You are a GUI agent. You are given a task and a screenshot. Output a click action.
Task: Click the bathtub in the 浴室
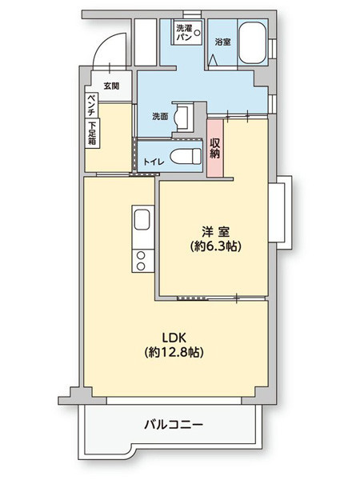[x=252, y=42]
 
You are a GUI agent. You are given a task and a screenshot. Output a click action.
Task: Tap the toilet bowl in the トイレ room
[x=186, y=156]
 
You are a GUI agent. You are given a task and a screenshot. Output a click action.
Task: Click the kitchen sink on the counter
[x=142, y=219]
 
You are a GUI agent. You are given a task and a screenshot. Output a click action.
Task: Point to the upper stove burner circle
[x=141, y=255]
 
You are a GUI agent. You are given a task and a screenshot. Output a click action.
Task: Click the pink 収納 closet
[x=215, y=148]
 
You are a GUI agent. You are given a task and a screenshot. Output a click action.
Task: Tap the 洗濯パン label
[x=184, y=33]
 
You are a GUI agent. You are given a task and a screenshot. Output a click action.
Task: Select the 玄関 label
[x=111, y=86]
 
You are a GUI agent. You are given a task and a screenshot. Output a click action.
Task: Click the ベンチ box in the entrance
[x=91, y=105]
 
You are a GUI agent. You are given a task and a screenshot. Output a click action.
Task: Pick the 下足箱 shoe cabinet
[x=92, y=133]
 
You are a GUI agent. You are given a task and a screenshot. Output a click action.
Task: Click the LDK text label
[x=174, y=338]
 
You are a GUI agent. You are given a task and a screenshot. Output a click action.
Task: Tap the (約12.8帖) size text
[x=174, y=352]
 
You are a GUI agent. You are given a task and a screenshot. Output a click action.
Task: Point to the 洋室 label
[x=215, y=231]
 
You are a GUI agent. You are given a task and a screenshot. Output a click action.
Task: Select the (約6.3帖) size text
[x=215, y=246]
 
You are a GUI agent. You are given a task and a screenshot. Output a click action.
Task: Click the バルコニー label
[x=174, y=425]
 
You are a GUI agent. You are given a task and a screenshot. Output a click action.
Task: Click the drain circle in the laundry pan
[x=198, y=32]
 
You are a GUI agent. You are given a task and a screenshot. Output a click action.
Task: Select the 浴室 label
[x=222, y=42]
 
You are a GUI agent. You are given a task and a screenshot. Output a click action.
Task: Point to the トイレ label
[x=154, y=162]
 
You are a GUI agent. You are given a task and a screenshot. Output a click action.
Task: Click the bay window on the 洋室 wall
[x=280, y=213]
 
